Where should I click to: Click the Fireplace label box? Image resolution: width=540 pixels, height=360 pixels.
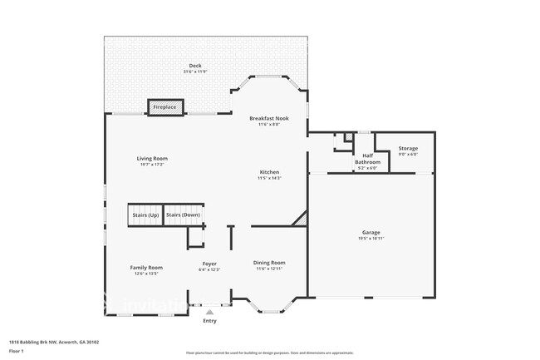[x=164, y=107]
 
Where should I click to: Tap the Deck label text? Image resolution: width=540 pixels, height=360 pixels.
[x=195, y=66]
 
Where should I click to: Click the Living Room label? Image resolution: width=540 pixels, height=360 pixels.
[x=152, y=158]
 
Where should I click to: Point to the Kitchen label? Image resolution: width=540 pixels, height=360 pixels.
[x=269, y=172]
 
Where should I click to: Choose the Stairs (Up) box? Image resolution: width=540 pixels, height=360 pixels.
[x=145, y=215]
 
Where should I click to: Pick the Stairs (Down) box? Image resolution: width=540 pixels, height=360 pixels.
[x=183, y=215]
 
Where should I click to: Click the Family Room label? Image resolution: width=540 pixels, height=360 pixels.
[x=145, y=267]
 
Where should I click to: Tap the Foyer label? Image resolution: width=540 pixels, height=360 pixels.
[x=209, y=264]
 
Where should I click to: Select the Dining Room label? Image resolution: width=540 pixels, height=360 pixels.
[x=269, y=263]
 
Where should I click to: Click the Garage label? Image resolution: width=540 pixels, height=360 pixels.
[x=371, y=233]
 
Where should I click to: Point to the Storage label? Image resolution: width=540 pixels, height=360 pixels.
[x=408, y=148]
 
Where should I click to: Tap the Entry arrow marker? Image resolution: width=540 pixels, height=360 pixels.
[x=209, y=311]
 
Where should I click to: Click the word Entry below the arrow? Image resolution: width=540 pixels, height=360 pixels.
[x=209, y=321]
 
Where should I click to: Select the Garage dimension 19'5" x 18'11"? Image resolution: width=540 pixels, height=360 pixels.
[x=371, y=239]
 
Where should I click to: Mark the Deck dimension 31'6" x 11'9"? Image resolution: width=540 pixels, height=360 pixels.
[x=195, y=72]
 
